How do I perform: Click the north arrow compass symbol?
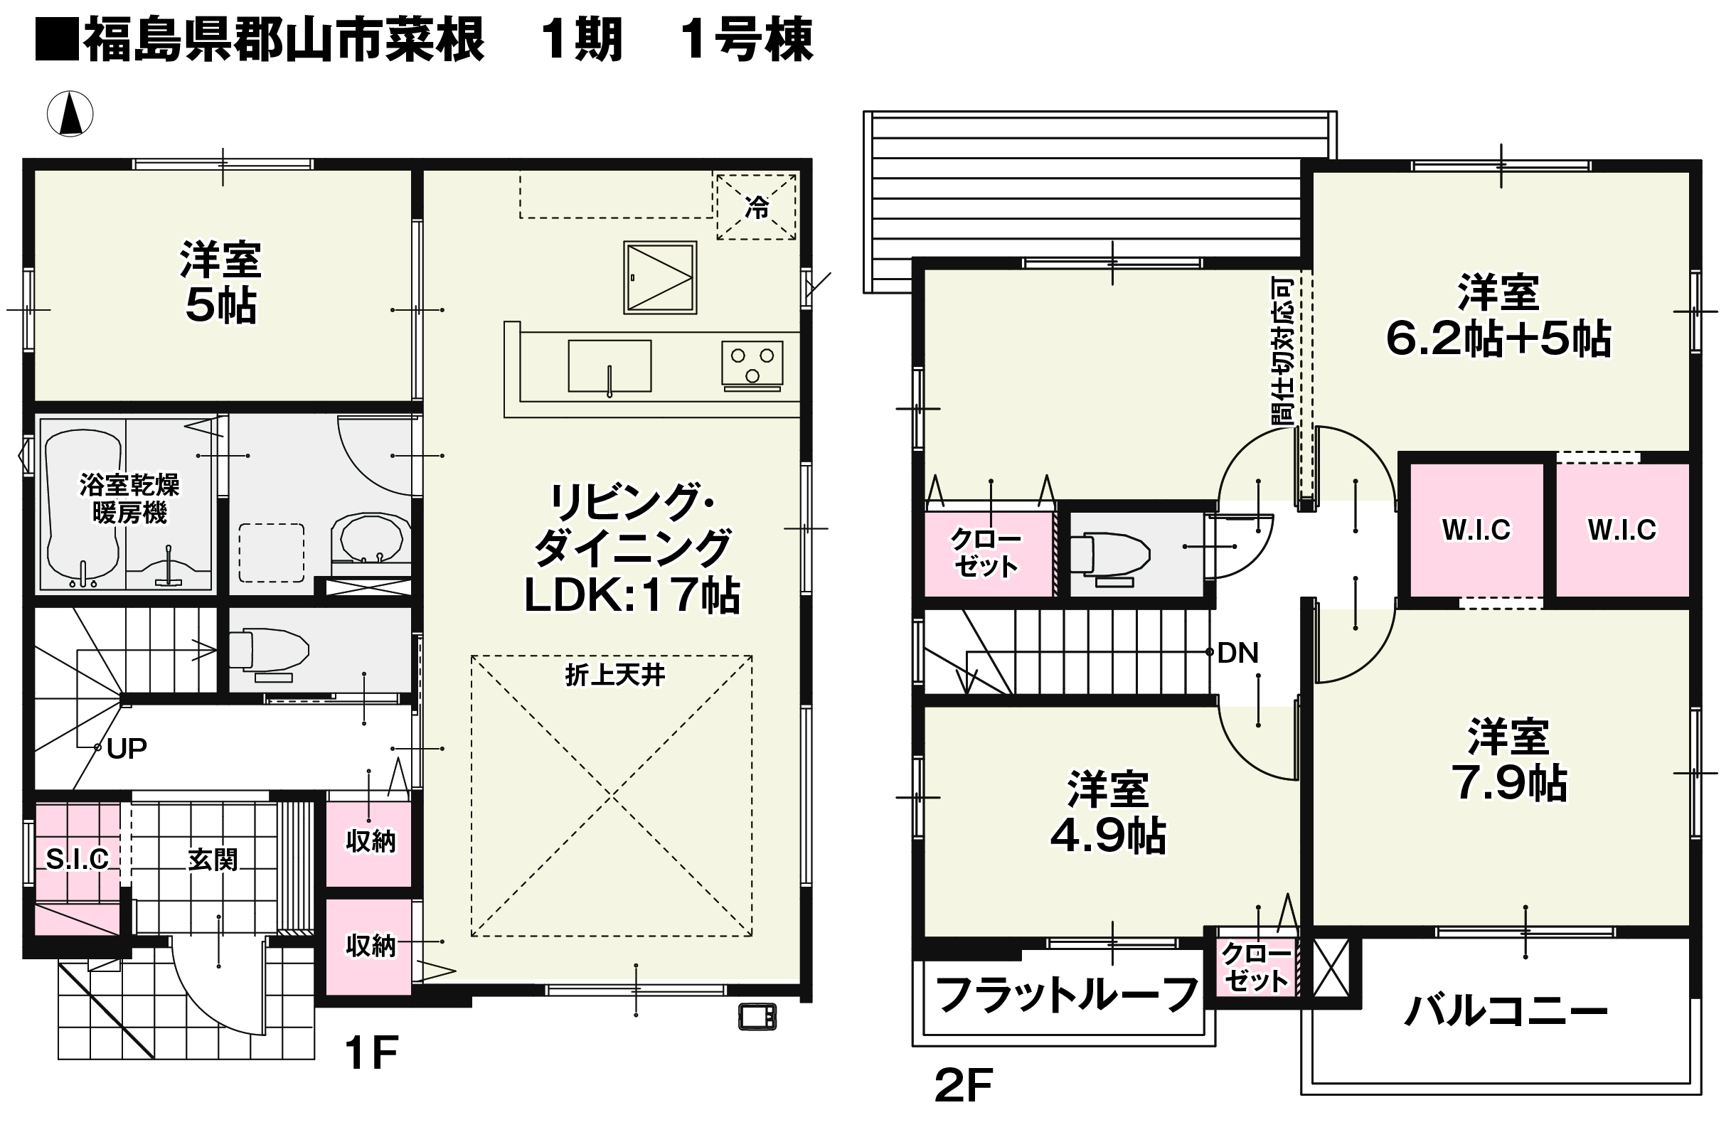click(70, 114)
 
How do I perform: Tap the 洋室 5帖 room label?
click(221, 282)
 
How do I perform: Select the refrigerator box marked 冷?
click(757, 206)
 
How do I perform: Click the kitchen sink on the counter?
click(609, 366)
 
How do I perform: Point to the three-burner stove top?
click(752, 364)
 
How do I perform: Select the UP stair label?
click(127, 748)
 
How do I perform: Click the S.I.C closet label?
click(77, 859)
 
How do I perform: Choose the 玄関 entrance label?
click(212, 860)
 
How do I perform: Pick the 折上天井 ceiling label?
click(615, 676)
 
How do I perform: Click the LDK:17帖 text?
click(632, 595)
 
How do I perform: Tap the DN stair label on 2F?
click(1237, 653)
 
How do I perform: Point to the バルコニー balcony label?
click(1506, 1010)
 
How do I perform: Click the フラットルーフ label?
click(1066, 995)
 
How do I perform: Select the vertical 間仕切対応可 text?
click(1282, 351)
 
